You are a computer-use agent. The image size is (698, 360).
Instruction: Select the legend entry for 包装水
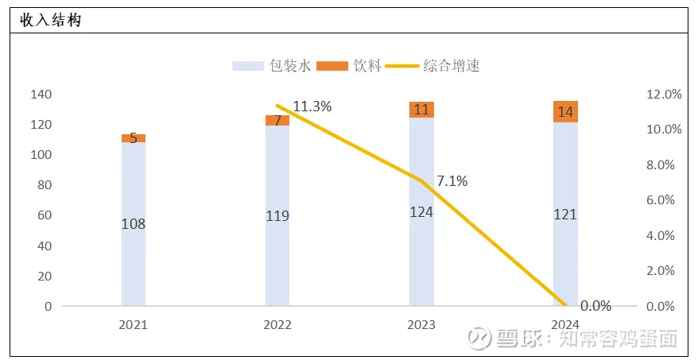pyautogui.click(x=271, y=66)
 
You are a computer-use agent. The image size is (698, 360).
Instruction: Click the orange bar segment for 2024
pyautogui.click(x=565, y=112)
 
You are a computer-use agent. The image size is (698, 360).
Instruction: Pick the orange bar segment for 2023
pyautogui.click(x=421, y=110)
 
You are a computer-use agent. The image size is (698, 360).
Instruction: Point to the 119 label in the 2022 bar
pyautogui.click(x=277, y=215)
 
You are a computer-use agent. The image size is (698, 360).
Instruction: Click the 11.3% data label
pyautogui.click(x=312, y=106)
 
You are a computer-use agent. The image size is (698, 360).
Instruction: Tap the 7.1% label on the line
pyautogui.click(x=452, y=181)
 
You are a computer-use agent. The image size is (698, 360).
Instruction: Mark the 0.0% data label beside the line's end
pyautogui.click(x=595, y=306)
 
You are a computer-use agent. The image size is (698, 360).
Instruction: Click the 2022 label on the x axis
pyautogui.click(x=277, y=325)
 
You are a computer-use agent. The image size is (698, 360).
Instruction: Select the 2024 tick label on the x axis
pyautogui.click(x=565, y=325)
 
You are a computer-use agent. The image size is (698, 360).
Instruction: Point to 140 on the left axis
pyautogui.click(x=41, y=95)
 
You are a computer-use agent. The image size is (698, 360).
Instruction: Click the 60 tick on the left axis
pyautogui.click(x=45, y=215)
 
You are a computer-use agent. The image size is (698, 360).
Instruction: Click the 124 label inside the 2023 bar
pyautogui.click(x=421, y=213)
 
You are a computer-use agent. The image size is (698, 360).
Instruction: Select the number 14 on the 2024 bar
pyautogui.click(x=565, y=112)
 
